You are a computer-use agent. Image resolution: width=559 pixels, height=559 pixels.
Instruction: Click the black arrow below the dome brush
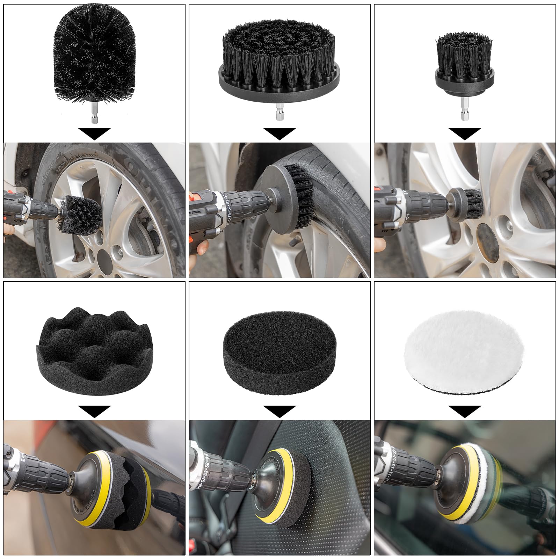pyautogui.click(x=94, y=133)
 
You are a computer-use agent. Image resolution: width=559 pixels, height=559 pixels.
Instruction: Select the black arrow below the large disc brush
pyautogui.click(x=279, y=133)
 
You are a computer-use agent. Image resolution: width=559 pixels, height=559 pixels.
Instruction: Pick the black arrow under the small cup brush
pyautogui.click(x=465, y=133)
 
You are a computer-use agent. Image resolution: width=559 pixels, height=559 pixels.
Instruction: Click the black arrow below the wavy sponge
pyautogui.click(x=94, y=411)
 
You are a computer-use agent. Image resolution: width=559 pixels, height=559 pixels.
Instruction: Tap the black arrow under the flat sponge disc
pyautogui.click(x=279, y=411)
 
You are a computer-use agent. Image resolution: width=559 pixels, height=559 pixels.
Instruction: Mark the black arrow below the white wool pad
pyautogui.click(x=465, y=411)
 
